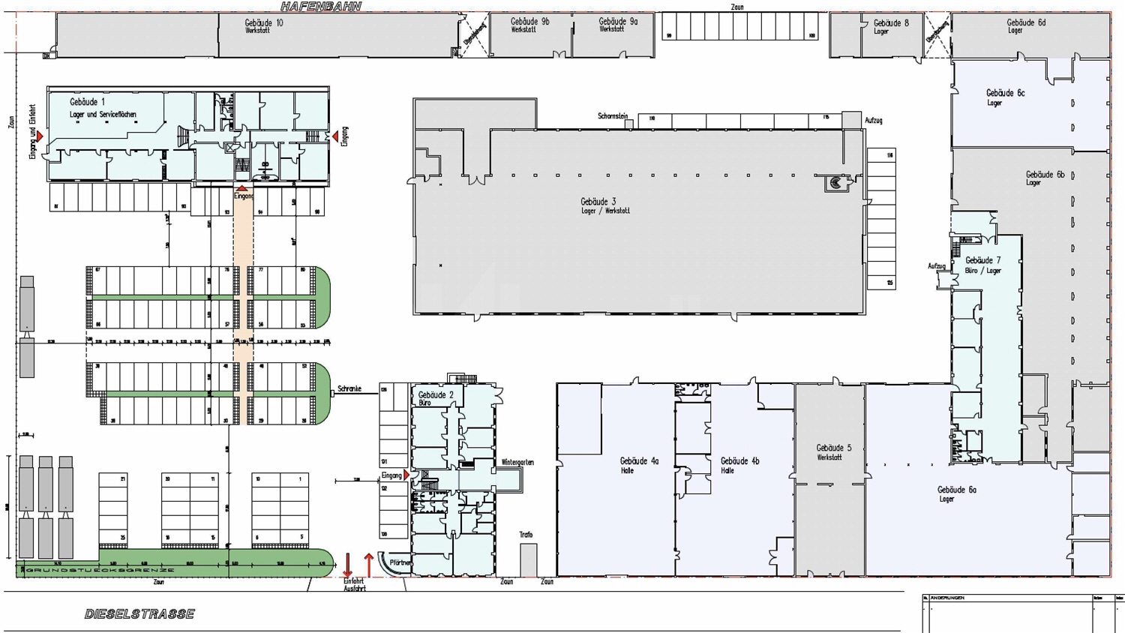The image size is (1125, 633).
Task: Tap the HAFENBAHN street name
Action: (321, 7)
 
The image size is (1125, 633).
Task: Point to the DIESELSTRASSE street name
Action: (139, 614)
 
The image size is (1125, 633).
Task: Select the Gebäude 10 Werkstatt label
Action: (263, 26)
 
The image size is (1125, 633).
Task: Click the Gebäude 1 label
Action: (88, 102)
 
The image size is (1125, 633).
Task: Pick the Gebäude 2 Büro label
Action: (436, 398)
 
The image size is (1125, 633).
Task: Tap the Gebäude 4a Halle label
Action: (639, 465)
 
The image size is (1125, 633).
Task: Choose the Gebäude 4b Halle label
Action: (739, 465)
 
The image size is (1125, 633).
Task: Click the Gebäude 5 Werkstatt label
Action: (833, 451)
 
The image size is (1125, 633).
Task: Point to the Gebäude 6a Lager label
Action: (956, 493)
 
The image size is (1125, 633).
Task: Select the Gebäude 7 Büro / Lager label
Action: (982, 265)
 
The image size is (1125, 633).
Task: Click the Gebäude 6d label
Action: (1025, 25)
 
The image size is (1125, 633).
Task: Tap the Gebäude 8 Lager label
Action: (890, 26)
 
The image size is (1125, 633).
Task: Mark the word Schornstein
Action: (613, 116)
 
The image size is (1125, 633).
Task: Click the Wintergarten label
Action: (517, 463)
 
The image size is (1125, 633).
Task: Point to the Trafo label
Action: (526, 535)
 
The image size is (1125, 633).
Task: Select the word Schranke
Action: (349, 389)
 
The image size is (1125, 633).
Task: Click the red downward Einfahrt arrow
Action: (348, 565)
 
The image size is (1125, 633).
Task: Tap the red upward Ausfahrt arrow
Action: (368, 565)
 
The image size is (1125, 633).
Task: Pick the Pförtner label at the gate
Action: (400, 562)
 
